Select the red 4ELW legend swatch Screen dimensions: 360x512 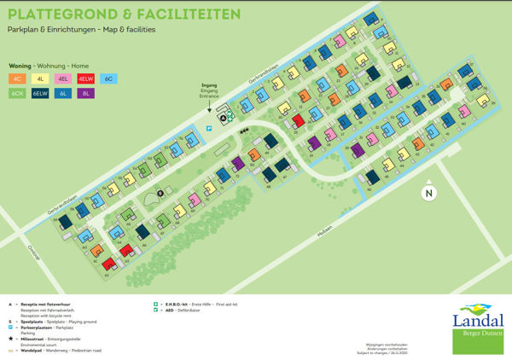coord(86,78)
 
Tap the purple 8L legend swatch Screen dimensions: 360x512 coord(86,94)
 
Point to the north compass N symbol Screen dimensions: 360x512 coord(429,194)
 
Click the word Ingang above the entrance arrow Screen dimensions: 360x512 coord(209,85)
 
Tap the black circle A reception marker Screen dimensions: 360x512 coord(224,118)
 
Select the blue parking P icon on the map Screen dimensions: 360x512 coord(210,128)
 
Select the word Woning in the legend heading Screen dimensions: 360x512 coord(19,65)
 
